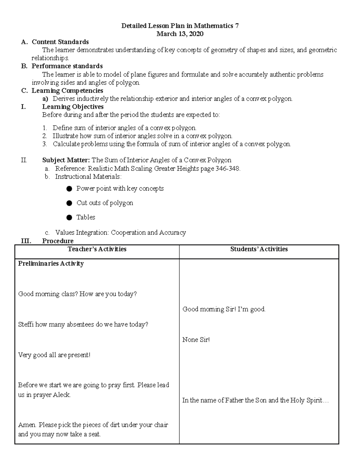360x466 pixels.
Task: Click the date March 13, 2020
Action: [180, 34]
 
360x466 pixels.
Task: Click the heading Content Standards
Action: [60, 42]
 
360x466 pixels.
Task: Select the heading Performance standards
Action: [67, 66]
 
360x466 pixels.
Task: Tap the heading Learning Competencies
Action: [67, 91]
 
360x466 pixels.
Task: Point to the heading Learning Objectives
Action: [73, 107]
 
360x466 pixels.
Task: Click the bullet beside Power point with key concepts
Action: [69, 189]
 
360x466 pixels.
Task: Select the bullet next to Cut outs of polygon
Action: [69, 203]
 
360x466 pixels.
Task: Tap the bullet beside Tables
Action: [69, 218]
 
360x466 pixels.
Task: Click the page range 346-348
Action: [228, 169]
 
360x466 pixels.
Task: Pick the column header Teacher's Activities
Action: [97, 249]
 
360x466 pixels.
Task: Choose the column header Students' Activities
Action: [259, 249]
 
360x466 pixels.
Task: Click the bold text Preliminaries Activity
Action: [51, 263]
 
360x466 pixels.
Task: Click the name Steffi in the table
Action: [26, 324]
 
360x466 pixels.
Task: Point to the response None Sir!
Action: [196, 340]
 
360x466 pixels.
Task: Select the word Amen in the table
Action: [27, 425]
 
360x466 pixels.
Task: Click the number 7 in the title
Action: [237, 26]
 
